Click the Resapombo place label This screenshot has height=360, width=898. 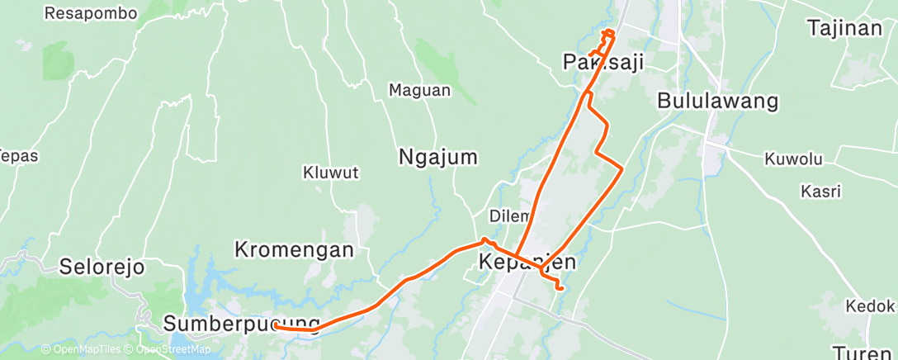tap(90, 13)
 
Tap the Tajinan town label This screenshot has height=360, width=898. tap(844, 28)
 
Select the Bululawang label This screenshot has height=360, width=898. tap(717, 101)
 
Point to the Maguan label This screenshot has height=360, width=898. tap(419, 90)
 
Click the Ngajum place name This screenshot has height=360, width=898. tap(438, 156)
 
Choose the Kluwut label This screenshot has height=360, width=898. tap(330, 173)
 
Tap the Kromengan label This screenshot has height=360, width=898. tap(294, 249)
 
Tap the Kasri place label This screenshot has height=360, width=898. tap(820, 192)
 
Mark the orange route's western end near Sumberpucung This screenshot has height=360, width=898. tap(275, 327)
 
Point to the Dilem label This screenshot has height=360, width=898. tap(508, 216)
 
